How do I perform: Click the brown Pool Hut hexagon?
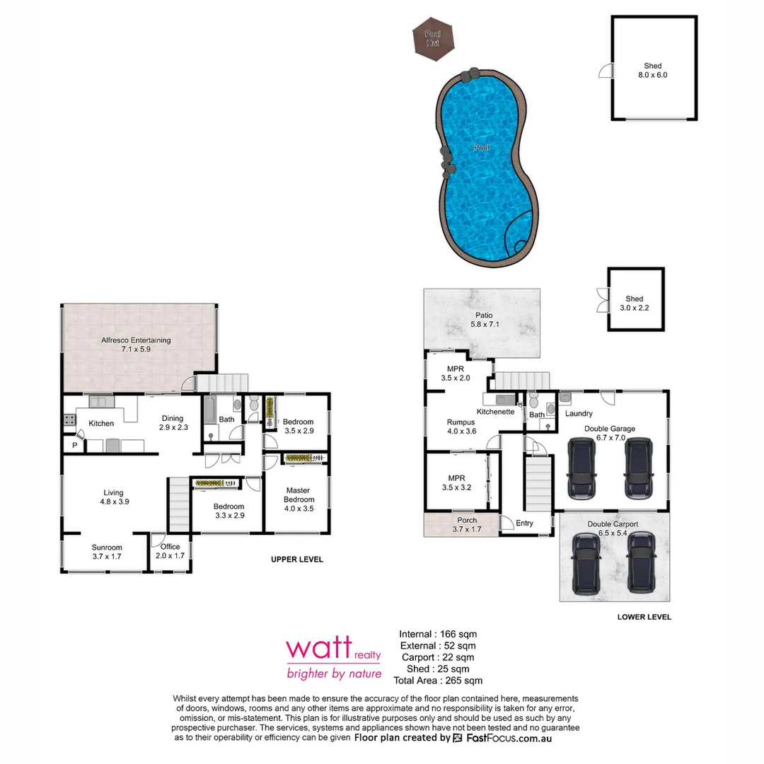point(432,38)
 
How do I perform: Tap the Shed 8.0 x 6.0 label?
point(652,70)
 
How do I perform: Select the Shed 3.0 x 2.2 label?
point(635,303)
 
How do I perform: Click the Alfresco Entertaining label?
point(136,345)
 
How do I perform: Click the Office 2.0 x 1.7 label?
point(170,551)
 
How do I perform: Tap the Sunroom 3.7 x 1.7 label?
point(107,552)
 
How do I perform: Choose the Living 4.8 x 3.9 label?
point(113,497)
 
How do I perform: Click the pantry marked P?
point(74,445)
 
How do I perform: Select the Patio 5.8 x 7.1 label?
point(485,320)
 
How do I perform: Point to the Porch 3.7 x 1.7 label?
point(467,524)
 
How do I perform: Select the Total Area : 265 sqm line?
point(438,681)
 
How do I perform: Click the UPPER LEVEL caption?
point(297,560)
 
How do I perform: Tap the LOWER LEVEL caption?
point(644,617)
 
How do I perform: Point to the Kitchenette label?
point(495,412)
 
